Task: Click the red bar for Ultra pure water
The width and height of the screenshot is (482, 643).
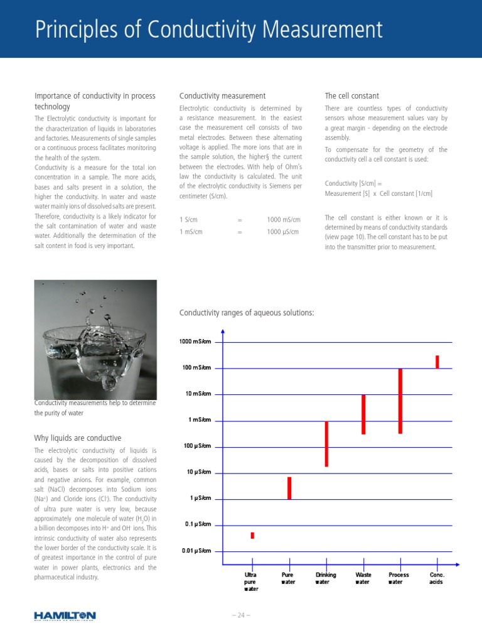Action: [252, 535]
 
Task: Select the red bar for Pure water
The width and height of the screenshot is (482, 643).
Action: [289, 488]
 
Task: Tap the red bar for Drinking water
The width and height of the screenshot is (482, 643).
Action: [326, 444]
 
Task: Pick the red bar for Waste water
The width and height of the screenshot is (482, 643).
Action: [363, 414]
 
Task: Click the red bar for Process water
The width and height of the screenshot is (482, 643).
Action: [400, 401]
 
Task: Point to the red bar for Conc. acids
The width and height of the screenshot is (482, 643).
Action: [437, 362]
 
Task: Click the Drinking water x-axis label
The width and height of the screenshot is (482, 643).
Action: [326, 578]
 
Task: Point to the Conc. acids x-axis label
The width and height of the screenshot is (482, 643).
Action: [437, 578]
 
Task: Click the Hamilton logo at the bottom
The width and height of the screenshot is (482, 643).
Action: [65, 615]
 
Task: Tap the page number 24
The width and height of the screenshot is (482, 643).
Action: [241, 615]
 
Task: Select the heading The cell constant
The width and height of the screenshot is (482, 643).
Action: [351, 96]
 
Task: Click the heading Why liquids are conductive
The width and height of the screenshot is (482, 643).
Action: [77, 438]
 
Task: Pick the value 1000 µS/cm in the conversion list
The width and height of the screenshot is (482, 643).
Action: [282, 232]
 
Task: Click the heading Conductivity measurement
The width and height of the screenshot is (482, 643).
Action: [222, 96]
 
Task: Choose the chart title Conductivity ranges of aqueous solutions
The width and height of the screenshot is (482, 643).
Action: [247, 313]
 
